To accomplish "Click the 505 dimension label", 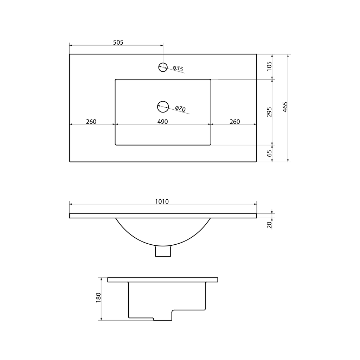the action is click(x=118, y=43).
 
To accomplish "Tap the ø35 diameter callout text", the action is click(x=178, y=69).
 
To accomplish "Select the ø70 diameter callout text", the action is click(x=180, y=109).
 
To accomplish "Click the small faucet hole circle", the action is click(x=163, y=67).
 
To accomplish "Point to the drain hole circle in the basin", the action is click(x=163, y=107).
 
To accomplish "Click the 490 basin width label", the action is click(x=162, y=121).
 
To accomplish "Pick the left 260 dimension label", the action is click(x=91, y=121).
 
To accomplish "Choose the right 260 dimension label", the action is click(x=234, y=121).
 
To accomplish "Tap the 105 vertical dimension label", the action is click(x=269, y=66).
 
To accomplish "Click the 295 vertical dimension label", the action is click(x=269, y=112).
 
